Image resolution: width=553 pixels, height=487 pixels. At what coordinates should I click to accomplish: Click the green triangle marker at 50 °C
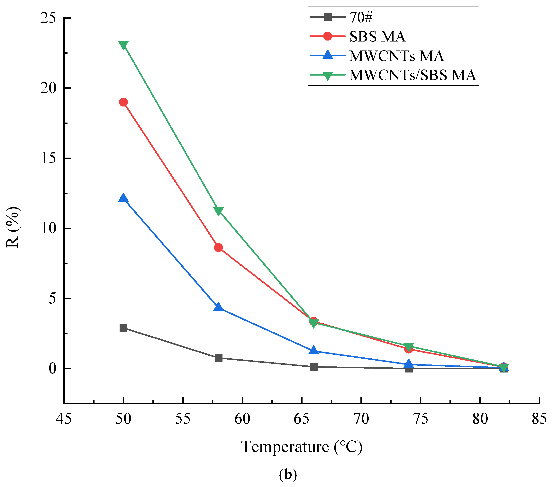(123, 45)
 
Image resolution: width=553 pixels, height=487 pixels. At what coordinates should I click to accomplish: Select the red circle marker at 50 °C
(123, 102)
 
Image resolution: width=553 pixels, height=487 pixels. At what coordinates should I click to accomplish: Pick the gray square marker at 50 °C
(123, 328)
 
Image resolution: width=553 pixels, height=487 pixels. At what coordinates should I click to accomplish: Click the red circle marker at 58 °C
(219, 248)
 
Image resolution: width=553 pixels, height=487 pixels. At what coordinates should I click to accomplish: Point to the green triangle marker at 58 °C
(219, 211)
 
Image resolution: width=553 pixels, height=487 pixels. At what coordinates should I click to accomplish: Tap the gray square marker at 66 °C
(313, 367)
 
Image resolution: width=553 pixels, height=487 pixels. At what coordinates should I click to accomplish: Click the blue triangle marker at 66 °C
(313, 351)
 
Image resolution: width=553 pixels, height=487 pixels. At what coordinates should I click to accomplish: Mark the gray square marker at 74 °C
(409, 369)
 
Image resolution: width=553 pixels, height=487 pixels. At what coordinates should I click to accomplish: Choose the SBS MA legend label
(377, 37)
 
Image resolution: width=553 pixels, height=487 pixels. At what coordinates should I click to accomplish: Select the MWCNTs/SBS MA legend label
(412, 75)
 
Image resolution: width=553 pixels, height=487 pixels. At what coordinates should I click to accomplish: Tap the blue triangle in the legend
(328, 55)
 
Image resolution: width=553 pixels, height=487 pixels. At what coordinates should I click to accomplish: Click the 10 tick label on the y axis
(48, 228)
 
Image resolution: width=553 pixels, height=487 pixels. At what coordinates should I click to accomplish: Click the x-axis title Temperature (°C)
(302, 447)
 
